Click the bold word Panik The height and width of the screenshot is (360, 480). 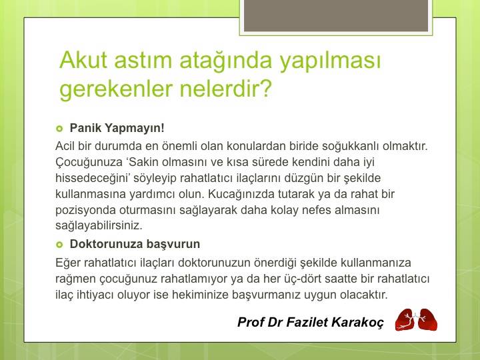[84, 127]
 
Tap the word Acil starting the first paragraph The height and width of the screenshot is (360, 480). [65, 145]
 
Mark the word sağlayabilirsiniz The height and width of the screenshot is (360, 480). [99, 226]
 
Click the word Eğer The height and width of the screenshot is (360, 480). [67, 262]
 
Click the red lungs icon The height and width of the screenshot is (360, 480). [416, 320]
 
